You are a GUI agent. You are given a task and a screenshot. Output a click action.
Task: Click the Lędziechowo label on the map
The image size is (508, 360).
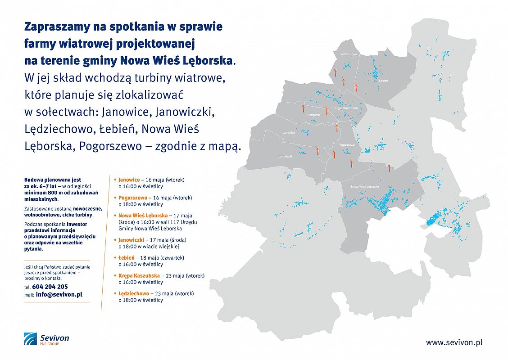pyautogui.click(x=349, y=54)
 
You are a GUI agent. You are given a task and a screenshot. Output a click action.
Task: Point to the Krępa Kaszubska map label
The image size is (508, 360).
pyautogui.click(x=346, y=108)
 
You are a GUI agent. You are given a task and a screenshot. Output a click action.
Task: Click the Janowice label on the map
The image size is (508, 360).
pyautogui.click(x=289, y=133)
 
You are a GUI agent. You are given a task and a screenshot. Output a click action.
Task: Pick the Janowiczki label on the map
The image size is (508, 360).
pyautogui.click(x=285, y=156)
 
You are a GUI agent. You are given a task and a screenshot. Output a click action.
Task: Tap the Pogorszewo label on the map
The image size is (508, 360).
pyautogui.click(x=346, y=145)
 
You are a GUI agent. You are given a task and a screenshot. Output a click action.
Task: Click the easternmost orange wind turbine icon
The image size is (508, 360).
pyautogui.click(x=389, y=167)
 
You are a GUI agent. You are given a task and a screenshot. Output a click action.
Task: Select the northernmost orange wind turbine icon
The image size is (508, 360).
pyautogui.click(x=335, y=72)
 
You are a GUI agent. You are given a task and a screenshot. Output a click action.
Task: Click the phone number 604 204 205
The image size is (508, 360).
pyautogui.click(x=50, y=286)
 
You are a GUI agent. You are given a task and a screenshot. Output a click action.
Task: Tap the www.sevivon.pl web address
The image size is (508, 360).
pyautogui.click(x=454, y=342)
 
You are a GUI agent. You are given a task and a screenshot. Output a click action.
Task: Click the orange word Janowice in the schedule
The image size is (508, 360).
pyautogui.click(x=129, y=180)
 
